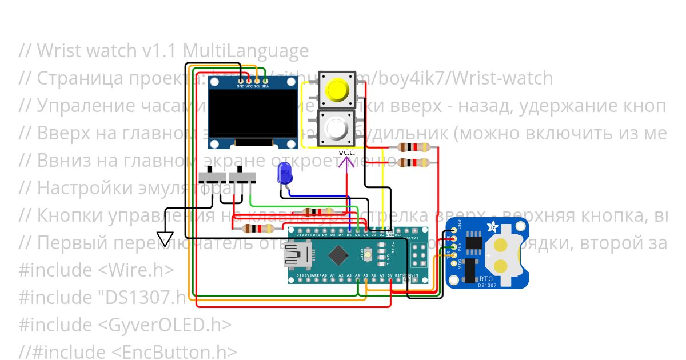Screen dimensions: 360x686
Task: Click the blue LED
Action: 284,173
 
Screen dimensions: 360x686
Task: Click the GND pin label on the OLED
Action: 240,86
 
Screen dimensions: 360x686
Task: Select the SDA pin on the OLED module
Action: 265,86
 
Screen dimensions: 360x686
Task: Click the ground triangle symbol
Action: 165,238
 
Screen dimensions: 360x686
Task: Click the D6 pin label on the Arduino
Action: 349,234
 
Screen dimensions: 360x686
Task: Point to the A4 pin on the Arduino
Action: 357,275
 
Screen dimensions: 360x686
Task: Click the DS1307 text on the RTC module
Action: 486,285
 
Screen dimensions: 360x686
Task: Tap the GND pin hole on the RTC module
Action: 454,231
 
